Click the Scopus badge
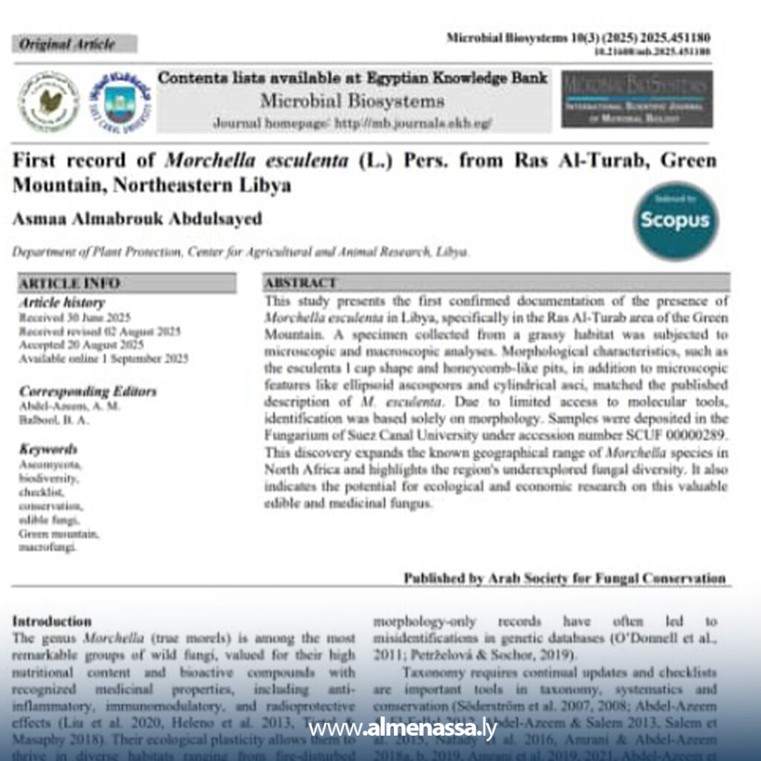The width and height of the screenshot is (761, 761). [676, 221]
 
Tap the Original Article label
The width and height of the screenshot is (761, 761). [68, 45]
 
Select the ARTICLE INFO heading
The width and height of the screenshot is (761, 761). [70, 283]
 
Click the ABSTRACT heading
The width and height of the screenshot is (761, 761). [301, 283]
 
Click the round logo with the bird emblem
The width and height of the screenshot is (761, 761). [48, 101]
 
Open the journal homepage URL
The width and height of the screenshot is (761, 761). [352, 123]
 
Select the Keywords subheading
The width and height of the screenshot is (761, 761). [48, 450]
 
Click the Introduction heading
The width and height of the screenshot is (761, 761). [53, 621]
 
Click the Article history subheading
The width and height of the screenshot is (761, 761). [62, 303]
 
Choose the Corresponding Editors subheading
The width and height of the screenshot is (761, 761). [88, 392]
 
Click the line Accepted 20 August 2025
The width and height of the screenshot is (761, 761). [82, 346]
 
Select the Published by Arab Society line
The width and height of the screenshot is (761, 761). [564, 577]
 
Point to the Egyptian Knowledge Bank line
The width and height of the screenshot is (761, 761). [353, 78]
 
